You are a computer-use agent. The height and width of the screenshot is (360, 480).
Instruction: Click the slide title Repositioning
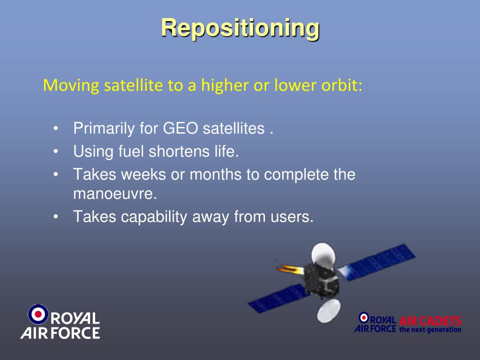click(240, 29)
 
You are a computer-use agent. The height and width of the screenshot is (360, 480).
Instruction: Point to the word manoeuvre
click(115, 194)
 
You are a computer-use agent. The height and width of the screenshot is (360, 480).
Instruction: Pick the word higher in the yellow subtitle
click(225, 85)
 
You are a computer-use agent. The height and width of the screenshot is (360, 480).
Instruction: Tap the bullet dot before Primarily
click(55, 128)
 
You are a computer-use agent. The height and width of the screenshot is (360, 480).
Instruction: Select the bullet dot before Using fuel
click(55, 151)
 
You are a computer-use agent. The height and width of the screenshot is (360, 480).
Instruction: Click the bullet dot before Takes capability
click(55, 217)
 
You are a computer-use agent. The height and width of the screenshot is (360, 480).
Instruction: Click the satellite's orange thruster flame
click(290, 270)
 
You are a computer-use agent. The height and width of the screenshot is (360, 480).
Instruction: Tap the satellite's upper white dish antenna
click(323, 254)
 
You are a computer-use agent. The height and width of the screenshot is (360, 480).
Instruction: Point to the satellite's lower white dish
click(329, 311)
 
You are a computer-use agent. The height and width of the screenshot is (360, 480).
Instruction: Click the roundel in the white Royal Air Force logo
click(38, 314)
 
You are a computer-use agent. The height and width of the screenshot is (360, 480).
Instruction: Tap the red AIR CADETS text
click(430, 321)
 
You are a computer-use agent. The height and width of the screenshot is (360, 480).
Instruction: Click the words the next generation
click(430, 330)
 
